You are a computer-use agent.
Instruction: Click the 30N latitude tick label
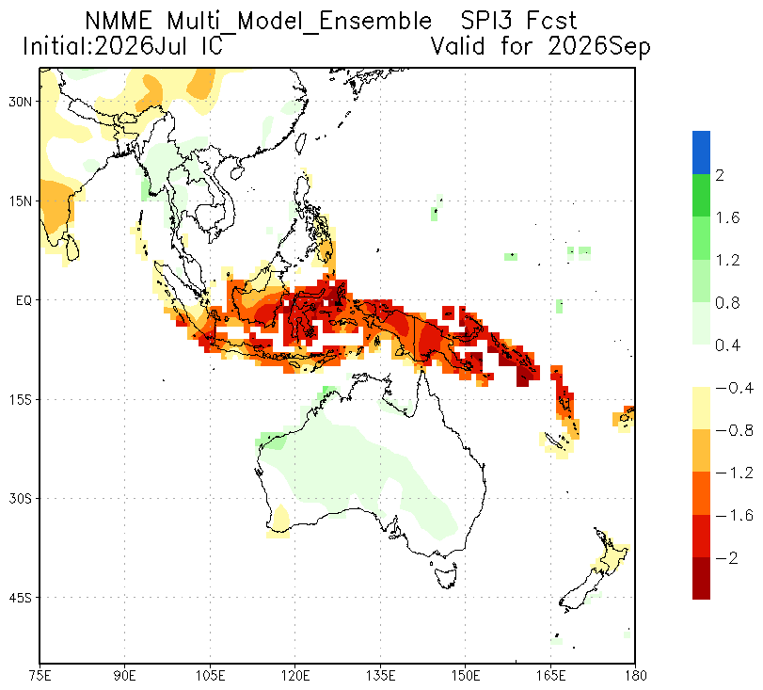[x=20, y=102]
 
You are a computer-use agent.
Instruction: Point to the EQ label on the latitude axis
[x=24, y=300]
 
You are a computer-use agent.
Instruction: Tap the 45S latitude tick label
[x=20, y=598]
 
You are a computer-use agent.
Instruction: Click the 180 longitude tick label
[x=635, y=676]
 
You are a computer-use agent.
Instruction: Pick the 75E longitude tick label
[x=40, y=676]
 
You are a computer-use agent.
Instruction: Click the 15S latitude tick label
[x=20, y=400]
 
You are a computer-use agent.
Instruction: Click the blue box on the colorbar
[x=701, y=152]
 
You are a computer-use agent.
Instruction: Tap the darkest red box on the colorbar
[x=701, y=578]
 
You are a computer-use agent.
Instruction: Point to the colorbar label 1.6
[x=727, y=217]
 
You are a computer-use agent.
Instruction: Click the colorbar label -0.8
[x=734, y=430]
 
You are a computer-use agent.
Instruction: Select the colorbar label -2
[x=727, y=557]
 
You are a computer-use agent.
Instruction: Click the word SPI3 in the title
[x=487, y=21]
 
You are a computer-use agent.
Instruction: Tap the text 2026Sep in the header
[x=598, y=47]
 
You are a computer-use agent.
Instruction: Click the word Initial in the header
[x=58, y=47]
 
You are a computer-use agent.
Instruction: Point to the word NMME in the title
[x=119, y=21]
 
